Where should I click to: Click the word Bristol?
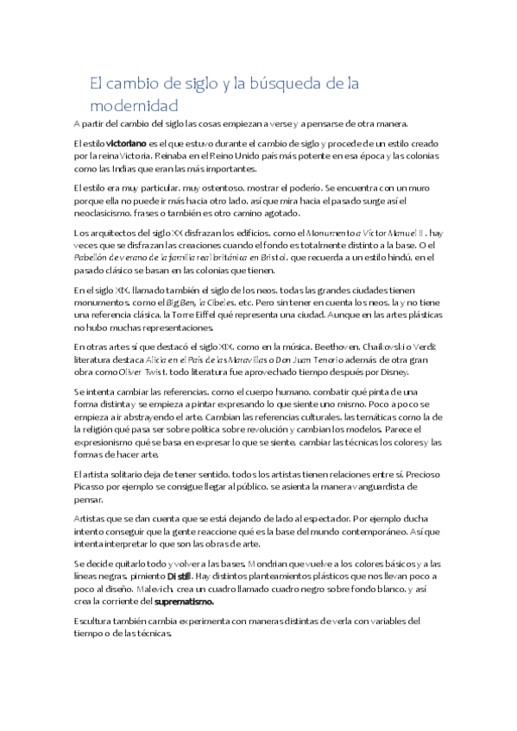pos(367,257)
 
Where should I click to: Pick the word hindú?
pos(397,257)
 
